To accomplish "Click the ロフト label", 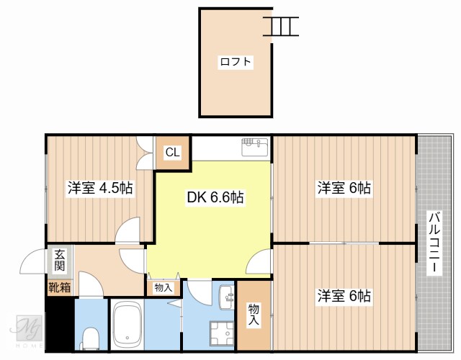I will click(236, 62).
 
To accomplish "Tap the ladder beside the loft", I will click(281, 26).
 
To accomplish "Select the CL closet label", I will click(173, 152).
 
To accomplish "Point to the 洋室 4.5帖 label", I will click(100, 189).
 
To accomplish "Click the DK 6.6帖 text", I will click(215, 197).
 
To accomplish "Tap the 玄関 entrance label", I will click(59, 260).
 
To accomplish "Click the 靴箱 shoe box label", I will click(59, 288).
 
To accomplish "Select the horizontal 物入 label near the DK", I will click(164, 287).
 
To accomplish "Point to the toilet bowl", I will click(90, 337).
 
